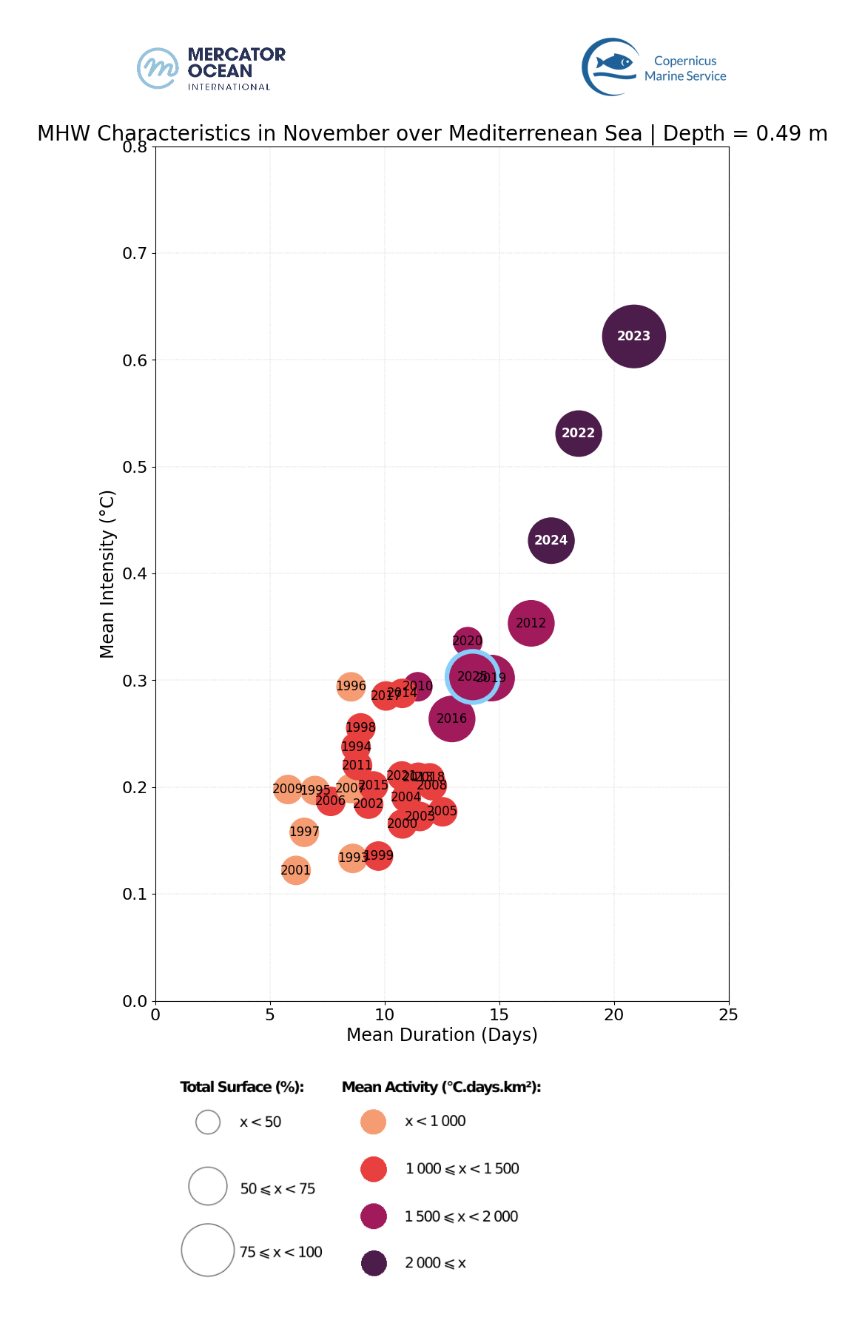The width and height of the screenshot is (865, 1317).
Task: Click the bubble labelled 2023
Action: click(634, 336)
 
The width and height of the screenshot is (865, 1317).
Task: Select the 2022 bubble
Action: click(579, 433)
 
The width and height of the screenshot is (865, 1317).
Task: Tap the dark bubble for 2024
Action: click(551, 540)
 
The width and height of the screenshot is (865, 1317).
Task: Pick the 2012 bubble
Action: click(531, 623)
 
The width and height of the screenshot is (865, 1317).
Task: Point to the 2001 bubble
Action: click(296, 870)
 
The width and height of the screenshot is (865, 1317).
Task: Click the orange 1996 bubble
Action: click(351, 686)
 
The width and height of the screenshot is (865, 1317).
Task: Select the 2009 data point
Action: click(287, 789)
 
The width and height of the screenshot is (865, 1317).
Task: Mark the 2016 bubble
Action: click(451, 718)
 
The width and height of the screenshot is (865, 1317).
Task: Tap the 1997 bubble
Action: click(304, 832)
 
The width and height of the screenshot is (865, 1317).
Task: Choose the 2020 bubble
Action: click(467, 641)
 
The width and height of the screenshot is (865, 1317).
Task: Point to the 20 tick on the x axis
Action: click(614, 1014)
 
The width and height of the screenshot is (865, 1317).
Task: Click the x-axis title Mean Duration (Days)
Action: click(442, 1034)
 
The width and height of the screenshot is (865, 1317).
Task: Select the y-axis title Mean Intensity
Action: click(107, 573)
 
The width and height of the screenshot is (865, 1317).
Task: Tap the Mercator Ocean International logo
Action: click(211, 69)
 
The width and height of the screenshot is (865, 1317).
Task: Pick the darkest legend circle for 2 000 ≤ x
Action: click(374, 1263)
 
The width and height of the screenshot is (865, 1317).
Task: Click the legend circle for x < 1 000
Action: click(374, 1122)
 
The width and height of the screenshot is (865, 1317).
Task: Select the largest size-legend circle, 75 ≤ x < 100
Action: click(208, 1250)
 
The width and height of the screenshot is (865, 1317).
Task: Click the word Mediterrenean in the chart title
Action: click(545, 134)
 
